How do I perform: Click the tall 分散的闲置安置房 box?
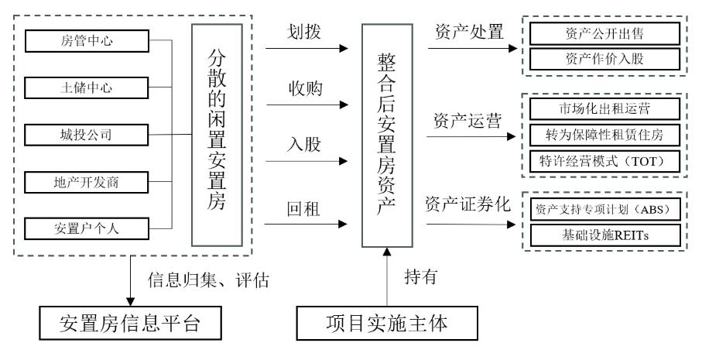pyautogui.click(x=217, y=135)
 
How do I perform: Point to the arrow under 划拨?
pyautogui.click(x=306, y=49)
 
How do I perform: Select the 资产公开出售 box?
pyautogui.click(x=603, y=34)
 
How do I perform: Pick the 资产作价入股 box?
pyautogui.click(x=603, y=59)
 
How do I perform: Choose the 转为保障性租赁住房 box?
pyautogui.click(x=603, y=134)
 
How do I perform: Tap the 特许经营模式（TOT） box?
pyautogui.click(x=603, y=160)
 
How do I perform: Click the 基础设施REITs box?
pyautogui.click(x=603, y=233)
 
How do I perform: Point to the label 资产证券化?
pyautogui.click(x=467, y=204)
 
